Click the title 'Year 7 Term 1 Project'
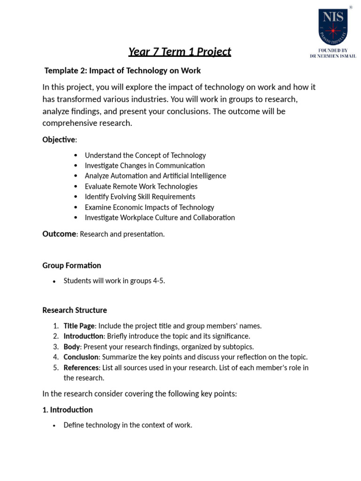[180, 51]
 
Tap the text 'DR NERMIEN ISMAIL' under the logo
[332, 56]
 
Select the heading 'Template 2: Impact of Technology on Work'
[122, 70]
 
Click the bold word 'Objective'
[59, 140]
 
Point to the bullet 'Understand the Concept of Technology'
[145, 155]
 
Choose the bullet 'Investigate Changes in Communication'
[145, 165]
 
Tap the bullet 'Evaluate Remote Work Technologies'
[141, 186]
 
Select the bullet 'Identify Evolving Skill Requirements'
[140, 197]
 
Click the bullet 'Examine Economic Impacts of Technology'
[149, 207]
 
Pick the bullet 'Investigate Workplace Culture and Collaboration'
[160, 217]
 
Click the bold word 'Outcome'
[59, 234]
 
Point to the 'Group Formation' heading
[72, 265]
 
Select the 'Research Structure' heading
[75, 310]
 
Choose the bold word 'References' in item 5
[81, 367]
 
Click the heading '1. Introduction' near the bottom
[68, 410]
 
